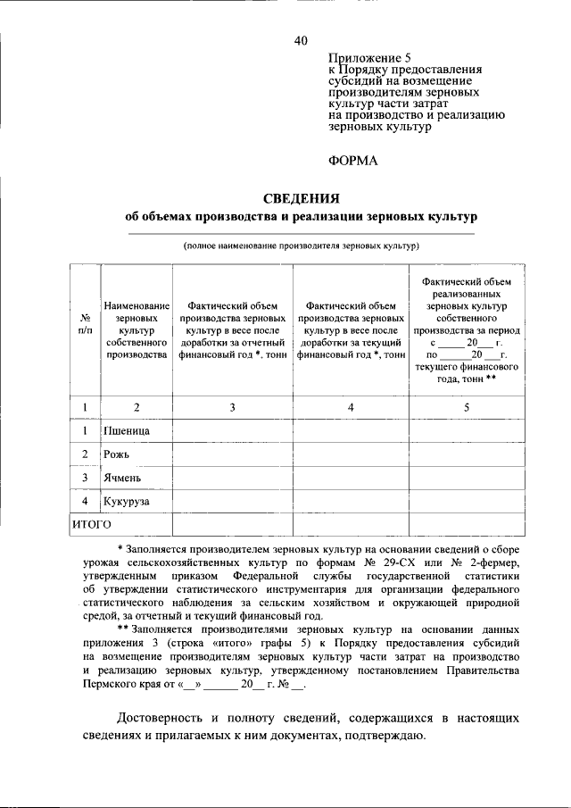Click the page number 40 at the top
pyautogui.click(x=301, y=40)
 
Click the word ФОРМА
pyautogui.click(x=354, y=161)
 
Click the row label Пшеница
pyautogui.click(x=126, y=431)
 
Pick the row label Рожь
pyautogui.click(x=117, y=454)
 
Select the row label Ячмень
pyautogui.click(x=122, y=478)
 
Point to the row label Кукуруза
pyautogui.click(x=126, y=501)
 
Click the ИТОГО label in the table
pyautogui.click(x=90, y=523)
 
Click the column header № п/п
pyautogui.click(x=85, y=323)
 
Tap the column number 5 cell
pyautogui.click(x=467, y=407)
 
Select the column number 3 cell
pyautogui.click(x=232, y=407)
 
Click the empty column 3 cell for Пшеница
pyautogui.click(x=232, y=431)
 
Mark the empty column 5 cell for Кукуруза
pyautogui.click(x=467, y=501)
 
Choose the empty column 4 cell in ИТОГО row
pyautogui.click(x=351, y=523)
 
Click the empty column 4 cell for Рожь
pyautogui.click(x=351, y=454)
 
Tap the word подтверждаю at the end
pyautogui.click(x=385, y=737)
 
